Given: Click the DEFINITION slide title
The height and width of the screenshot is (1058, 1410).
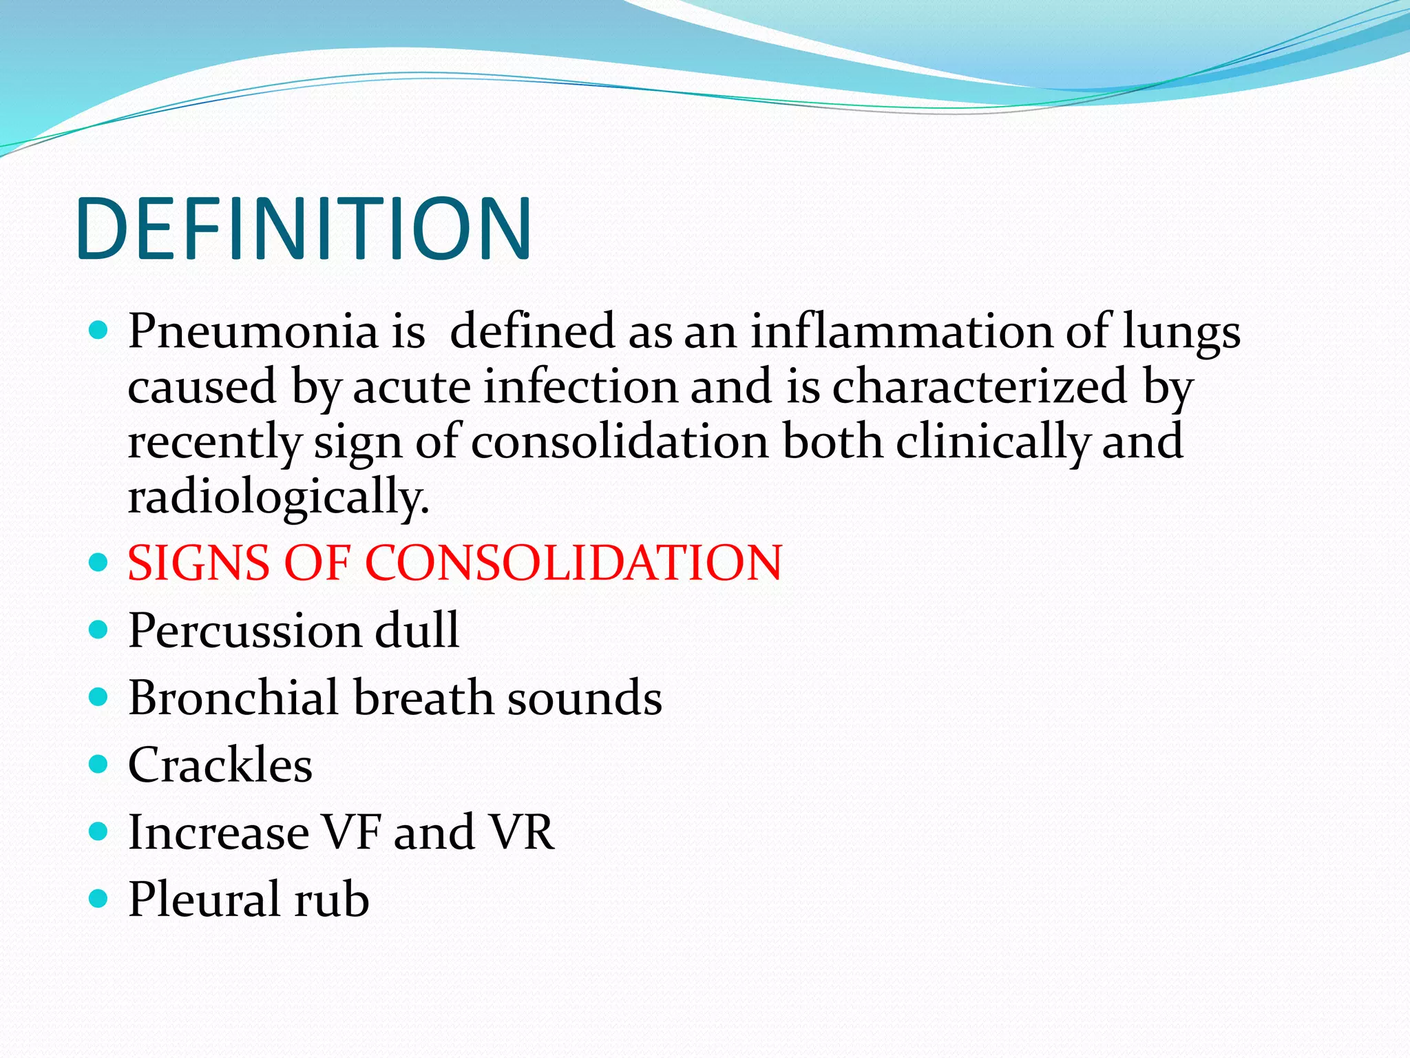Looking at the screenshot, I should pos(304,229).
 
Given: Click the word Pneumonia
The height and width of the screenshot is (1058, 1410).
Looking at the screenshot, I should pos(253,331).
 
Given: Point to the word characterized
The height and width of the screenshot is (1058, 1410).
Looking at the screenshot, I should pos(980,386).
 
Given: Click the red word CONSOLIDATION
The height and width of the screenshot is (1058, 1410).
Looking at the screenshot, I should pos(574,563).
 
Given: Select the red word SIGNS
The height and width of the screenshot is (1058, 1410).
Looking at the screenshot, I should pos(199,563).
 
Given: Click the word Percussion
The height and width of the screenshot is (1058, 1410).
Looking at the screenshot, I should pos(244,630).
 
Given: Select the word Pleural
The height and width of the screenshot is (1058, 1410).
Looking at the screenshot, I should pos(204,900).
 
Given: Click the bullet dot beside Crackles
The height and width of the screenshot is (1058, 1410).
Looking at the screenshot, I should pos(99,764).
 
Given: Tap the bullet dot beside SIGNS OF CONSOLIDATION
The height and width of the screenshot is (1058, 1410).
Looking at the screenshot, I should pos(99,562).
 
